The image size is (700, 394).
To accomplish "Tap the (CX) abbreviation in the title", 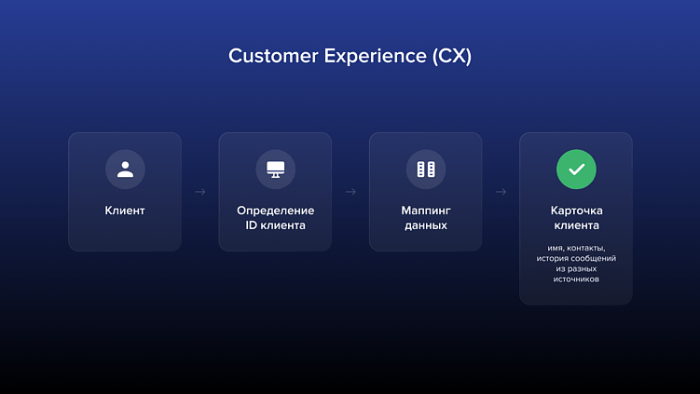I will click(451, 56).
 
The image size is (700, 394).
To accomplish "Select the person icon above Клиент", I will click(125, 170).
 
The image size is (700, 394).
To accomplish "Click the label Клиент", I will click(125, 211).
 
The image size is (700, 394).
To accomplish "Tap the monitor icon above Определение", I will click(275, 170).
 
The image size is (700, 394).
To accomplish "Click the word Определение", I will click(275, 211).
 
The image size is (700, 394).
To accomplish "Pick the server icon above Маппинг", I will click(425, 170).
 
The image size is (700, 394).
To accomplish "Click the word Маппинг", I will click(425, 211).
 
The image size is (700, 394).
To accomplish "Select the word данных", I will click(425, 225).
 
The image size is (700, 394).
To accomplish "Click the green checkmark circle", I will click(576, 170).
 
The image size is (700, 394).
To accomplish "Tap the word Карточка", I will click(576, 211).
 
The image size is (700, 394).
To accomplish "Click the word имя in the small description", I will click(556, 248).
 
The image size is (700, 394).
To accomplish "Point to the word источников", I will click(576, 279).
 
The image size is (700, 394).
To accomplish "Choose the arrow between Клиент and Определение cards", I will click(200, 192).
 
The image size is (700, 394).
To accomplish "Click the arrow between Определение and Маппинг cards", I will click(350, 192).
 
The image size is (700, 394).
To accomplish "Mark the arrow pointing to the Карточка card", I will click(501, 192).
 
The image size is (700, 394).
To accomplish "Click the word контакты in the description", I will click(588, 248).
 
